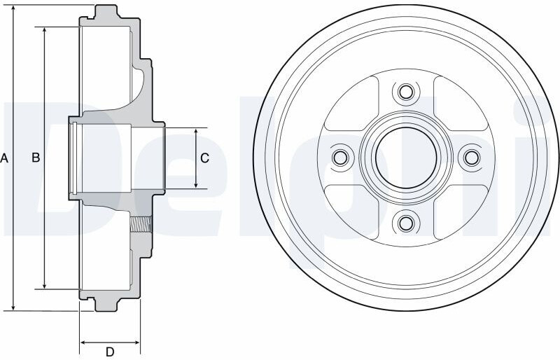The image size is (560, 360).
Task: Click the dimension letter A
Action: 4,158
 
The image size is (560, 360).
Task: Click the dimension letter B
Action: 36,158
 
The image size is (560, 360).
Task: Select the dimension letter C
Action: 204,158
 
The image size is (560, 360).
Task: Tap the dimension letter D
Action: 110,352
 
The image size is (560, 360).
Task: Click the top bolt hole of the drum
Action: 406,92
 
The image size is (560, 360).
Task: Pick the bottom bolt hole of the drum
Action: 406,223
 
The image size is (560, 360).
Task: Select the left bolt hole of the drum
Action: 340,158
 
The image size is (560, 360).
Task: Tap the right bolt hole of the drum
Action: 472,158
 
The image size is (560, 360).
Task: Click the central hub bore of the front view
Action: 406,158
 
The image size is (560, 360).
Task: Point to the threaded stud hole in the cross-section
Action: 141,225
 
